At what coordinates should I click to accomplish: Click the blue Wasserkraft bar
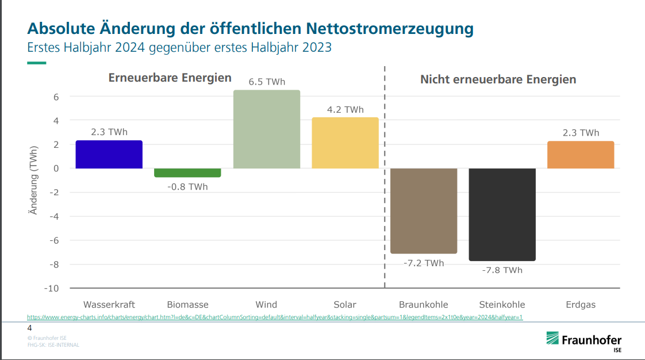pyautogui.click(x=109, y=154)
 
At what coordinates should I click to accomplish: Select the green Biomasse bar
pyautogui.click(x=187, y=173)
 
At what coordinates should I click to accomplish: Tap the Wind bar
pyautogui.click(x=267, y=129)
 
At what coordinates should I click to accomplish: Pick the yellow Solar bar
pyautogui.click(x=345, y=143)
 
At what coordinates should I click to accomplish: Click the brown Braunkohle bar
pyautogui.click(x=424, y=210)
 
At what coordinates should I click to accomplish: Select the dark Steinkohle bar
pyautogui.click(x=502, y=214)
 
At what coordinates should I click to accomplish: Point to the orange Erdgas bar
pyautogui.click(x=581, y=155)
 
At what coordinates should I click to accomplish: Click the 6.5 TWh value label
pyautogui.click(x=267, y=82)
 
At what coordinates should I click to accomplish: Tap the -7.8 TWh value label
pyautogui.click(x=502, y=270)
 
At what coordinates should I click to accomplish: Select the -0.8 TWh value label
pyautogui.click(x=187, y=187)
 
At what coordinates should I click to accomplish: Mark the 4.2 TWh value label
pyautogui.click(x=345, y=110)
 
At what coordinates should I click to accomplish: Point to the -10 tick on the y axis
pyautogui.click(x=52, y=288)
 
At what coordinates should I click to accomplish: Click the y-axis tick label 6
pyautogui.click(x=56, y=97)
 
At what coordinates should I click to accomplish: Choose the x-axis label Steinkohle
pyautogui.click(x=502, y=305)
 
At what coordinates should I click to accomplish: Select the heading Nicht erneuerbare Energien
pyautogui.click(x=498, y=79)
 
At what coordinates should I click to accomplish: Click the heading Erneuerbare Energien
pyautogui.click(x=170, y=78)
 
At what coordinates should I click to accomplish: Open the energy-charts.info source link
pyautogui.click(x=275, y=317)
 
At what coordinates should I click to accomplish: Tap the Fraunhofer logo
pyautogui.click(x=583, y=340)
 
